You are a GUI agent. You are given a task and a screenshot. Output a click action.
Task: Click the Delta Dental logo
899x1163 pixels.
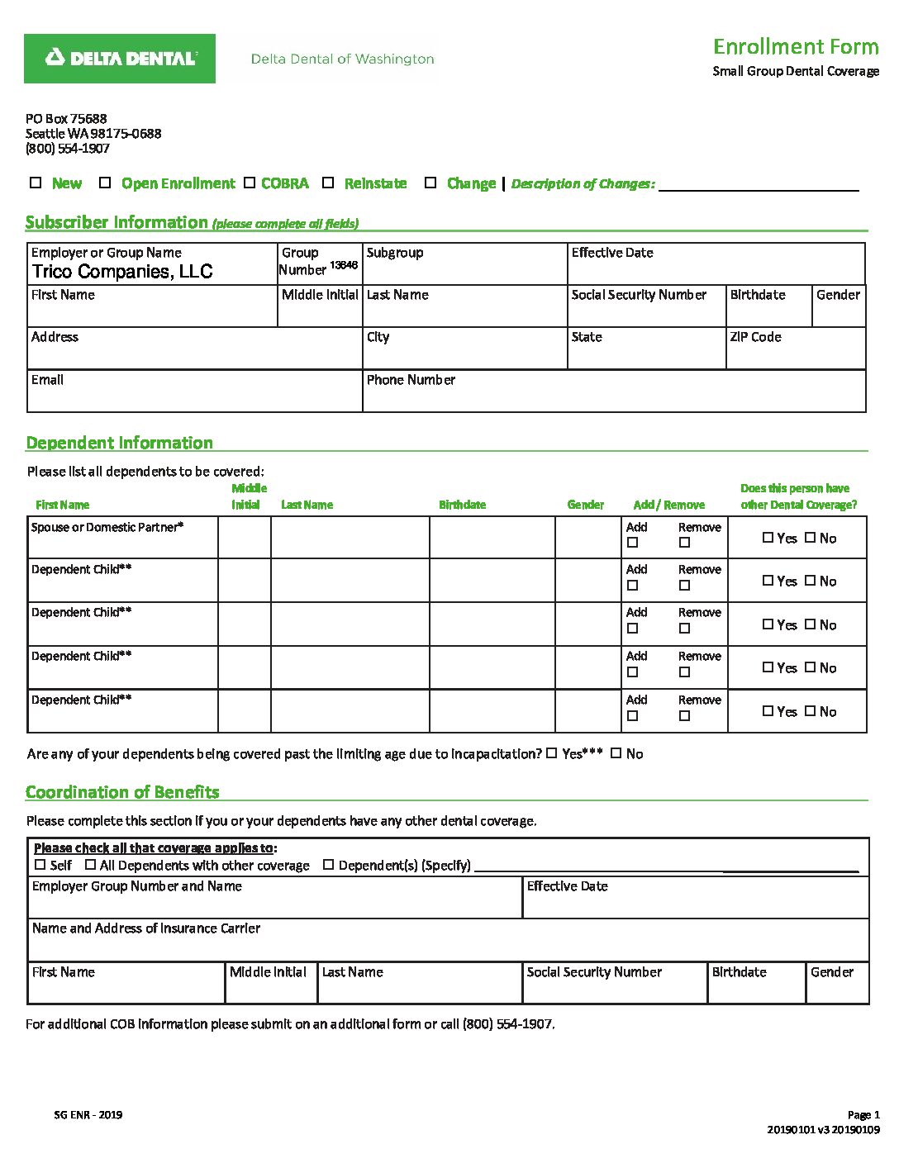click(x=120, y=59)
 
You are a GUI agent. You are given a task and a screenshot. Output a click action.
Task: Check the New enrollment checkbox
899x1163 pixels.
click(x=36, y=183)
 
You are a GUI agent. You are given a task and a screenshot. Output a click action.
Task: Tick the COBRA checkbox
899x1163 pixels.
click(x=250, y=183)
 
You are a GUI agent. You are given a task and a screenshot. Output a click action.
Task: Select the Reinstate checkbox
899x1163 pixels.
click(x=328, y=183)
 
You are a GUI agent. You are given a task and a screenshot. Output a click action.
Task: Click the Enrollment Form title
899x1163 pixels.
click(x=795, y=46)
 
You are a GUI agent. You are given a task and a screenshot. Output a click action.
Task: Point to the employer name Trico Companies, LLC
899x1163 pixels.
click(x=122, y=272)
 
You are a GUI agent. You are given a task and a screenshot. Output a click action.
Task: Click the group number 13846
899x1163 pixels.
click(x=344, y=265)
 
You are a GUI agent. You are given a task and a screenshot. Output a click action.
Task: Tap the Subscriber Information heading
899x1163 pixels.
click(x=117, y=222)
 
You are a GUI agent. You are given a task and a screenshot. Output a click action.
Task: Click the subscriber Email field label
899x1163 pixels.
click(x=47, y=380)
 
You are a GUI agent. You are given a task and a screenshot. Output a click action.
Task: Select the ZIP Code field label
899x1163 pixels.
click(x=755, y=337)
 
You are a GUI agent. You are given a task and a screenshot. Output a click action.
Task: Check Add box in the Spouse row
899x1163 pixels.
click(x=633, y=543)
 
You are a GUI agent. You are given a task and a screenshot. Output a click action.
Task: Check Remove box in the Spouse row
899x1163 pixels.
click(x=684, y=543)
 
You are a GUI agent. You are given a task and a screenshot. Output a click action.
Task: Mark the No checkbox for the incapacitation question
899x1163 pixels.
click(x=616, y=753)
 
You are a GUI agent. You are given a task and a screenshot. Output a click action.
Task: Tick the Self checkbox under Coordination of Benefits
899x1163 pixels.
click(x=40, y=865)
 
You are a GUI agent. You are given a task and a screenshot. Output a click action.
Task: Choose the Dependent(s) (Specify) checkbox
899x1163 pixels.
click(x=328, y=865)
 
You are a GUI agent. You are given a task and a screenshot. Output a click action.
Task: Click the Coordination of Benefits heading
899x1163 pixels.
click(x=122, y=792)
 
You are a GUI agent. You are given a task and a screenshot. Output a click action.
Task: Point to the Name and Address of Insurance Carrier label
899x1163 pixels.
click(x=146, y=928)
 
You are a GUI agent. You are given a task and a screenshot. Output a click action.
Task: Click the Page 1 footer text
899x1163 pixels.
click(x=863, y=1115)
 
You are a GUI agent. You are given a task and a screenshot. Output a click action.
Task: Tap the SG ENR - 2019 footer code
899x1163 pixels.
click(x=88, y=1115)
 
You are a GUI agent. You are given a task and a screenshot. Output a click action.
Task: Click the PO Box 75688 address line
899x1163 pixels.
click(x=66, y=119)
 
